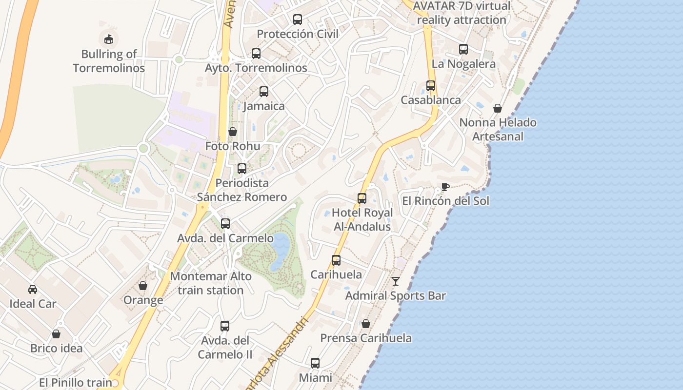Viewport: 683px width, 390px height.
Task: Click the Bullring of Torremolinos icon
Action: pos(109,39)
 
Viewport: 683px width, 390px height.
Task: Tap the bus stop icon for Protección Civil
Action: pos(298,19)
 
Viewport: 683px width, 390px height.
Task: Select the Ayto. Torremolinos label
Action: pos(256,68)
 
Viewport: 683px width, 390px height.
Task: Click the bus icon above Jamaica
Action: pos(264,91)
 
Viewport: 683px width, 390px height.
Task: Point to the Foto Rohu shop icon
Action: pos(233,132)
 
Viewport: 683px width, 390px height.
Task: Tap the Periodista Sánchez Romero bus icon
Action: pos(242,169)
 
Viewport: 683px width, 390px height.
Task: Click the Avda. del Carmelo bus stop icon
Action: pos(225,224)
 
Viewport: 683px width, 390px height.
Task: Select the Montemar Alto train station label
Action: pos(211,283)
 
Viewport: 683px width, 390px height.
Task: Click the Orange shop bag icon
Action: pos(143,285)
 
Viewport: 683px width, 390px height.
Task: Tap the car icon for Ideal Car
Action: pos(33,289)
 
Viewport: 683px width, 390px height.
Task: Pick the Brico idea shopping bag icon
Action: pos(56,334)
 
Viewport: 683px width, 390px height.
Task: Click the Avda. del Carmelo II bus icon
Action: pos(225,326)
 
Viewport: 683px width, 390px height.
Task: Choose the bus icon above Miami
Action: pos(315,363)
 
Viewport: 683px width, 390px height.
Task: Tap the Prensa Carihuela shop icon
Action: pos(366,323)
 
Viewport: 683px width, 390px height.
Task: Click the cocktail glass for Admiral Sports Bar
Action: pos(396,281)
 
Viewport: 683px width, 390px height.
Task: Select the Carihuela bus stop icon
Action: pos(336,260)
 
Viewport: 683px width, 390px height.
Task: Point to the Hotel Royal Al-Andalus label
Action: pos(362,220)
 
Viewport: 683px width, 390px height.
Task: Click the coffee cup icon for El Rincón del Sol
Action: pos(445,187)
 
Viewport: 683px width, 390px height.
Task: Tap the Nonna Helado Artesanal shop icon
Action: pos(498,108)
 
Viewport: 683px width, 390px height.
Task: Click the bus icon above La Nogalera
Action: pos(463,49)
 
